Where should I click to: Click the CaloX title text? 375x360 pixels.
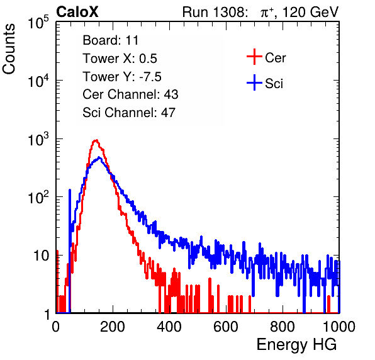pos(77,12)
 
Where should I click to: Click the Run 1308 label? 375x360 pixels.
pos(214,12)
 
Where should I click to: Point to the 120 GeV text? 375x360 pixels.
pos(311,12)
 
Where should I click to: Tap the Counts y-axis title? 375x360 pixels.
pos(9,49)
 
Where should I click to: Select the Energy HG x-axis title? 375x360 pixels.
pos(296,345)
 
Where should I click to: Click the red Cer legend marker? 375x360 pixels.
pos(254,57)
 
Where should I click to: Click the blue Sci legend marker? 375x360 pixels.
pos(254,83)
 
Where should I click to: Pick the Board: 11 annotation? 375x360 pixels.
pos(111,40)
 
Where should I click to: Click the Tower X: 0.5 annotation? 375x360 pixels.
pos(120,59)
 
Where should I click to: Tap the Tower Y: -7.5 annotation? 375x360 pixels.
pos(122,77)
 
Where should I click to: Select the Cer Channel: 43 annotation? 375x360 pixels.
pos(130,94)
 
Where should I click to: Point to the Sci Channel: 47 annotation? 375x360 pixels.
pos(129,113)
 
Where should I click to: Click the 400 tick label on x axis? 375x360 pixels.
pos(169,327)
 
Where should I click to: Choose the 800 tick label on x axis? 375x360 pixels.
pos(283,327)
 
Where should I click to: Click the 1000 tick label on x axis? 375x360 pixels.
pos(339,327)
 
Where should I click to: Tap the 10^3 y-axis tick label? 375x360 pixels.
pos(38,139)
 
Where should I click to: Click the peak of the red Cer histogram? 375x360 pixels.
pos(96,140)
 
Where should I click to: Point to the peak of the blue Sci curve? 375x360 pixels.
pos(99,158)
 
